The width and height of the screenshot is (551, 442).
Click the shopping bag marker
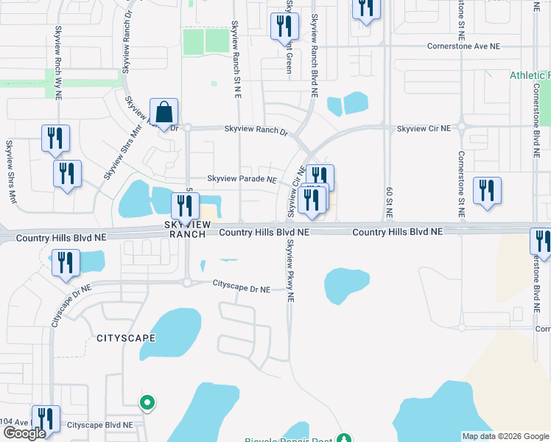tap(164, 113)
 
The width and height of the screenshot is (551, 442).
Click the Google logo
tap(24, 433)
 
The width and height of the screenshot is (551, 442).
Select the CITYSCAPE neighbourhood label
tap(126, 337)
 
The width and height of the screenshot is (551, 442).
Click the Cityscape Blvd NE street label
tap(100, 425)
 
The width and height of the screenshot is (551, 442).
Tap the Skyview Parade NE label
tap(242, 179)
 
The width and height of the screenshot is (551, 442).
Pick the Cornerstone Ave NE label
tap(463, 46)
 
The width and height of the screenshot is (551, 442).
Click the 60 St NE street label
tap(389, 203)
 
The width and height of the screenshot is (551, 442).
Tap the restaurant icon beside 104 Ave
tap(46, 419)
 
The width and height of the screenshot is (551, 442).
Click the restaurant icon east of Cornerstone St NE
tap(487, 191)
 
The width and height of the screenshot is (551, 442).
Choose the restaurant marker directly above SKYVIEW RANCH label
tap(186, 206)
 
